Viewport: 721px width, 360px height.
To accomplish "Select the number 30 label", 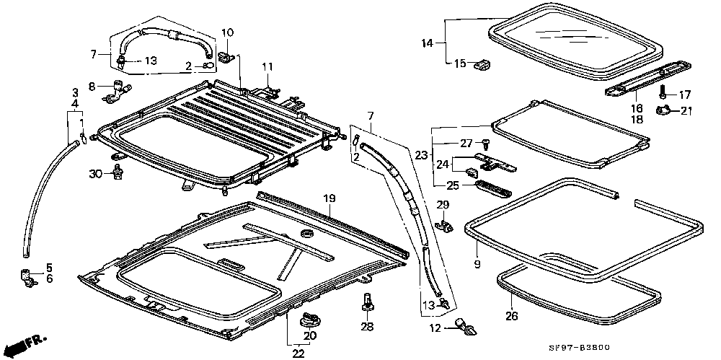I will pos(97,173).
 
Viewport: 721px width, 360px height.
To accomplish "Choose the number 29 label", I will pos(443,205).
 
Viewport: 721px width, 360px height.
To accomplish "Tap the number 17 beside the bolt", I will pos(684,94).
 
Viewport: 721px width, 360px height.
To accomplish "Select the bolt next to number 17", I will pos(663,93).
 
